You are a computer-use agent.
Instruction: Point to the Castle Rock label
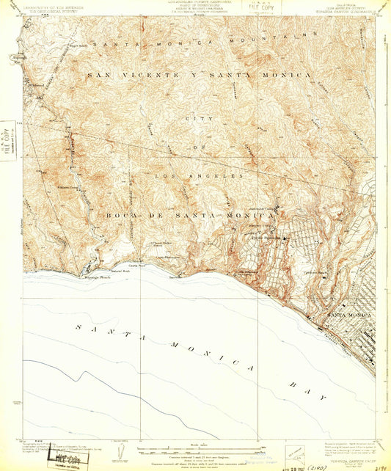click(x=137, y=266)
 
